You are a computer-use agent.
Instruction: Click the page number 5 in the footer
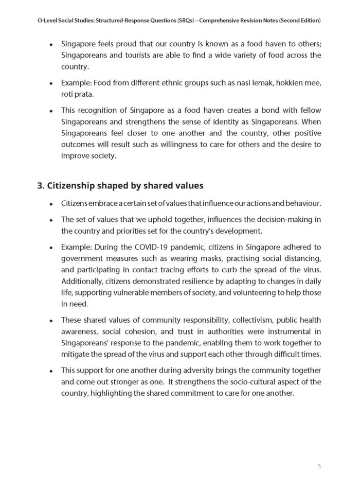click(x=319, y=466)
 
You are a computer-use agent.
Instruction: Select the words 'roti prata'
click(x=76, y=93)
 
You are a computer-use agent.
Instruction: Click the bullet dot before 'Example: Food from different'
click(x=51, y=82)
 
